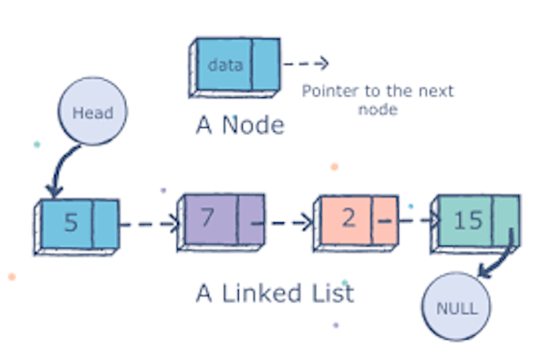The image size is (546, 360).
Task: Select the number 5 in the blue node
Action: coord(70,223)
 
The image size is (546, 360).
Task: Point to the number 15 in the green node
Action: coord(469,219)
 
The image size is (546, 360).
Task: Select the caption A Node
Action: coord(239,125)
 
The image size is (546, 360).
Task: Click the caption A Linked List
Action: coord(274,292)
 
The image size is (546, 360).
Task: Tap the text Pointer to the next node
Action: coord(377,100)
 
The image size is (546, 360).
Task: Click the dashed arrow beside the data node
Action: coord(306,64)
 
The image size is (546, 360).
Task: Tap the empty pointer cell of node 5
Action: coord(106,223)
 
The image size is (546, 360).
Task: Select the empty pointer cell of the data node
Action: coord(266,64)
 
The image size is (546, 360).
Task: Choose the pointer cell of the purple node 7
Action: coord(250,219)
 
